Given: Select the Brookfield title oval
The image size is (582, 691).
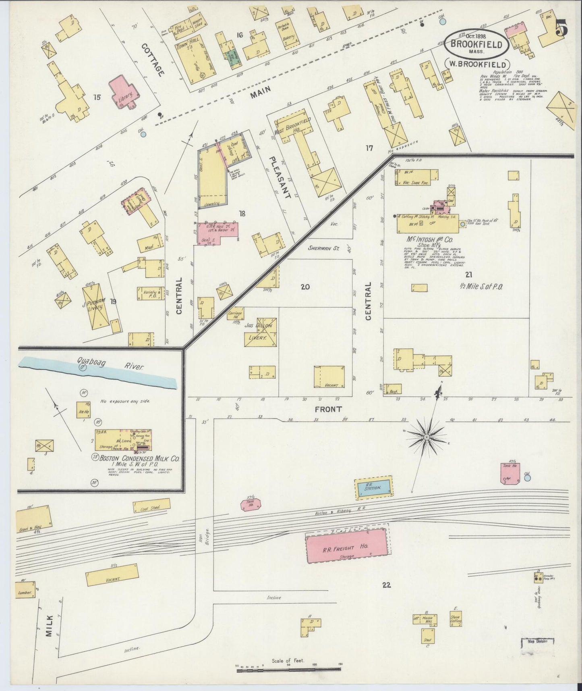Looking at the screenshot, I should click(476, 44).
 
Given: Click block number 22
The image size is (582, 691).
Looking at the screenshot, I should click(386, 585).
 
